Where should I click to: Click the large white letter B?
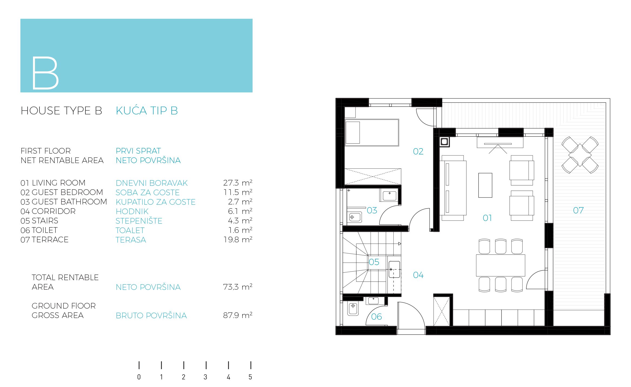[x=45, y=73]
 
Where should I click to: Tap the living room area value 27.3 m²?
[x=238, y=183]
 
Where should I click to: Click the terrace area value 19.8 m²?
[x=238, y=240]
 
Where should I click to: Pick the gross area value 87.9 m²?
[x=238, y=315]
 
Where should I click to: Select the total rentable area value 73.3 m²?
[x=238, y=287]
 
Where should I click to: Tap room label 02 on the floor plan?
[x=418, y=151]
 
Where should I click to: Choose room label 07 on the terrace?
[x=578, y=210]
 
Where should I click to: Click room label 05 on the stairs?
[x=374, y=262]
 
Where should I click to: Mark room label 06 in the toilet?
[x=376, y=317]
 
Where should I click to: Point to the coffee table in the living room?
[x=485, y=185]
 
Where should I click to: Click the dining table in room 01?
[x=500, y=265]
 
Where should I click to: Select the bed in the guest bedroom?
[x=372, y=133]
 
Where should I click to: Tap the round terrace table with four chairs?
[x=580, y=155]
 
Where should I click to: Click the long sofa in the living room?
[x=453, y=188]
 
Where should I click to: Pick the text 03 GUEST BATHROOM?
[x=64, y=202]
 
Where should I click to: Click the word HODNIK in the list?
[x=132, y=211]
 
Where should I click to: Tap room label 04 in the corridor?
[x=418, y=275]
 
